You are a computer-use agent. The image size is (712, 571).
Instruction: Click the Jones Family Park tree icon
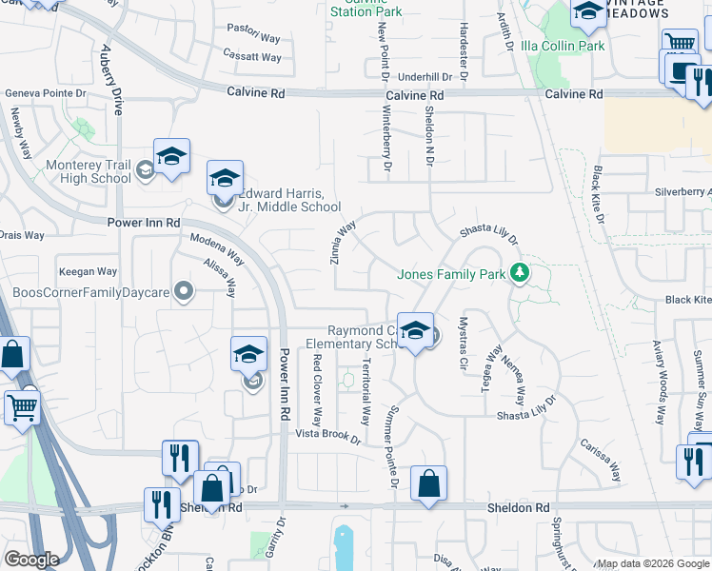520,274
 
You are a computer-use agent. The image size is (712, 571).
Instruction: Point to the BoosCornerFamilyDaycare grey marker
184,292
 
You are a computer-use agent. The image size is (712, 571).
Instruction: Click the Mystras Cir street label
464,344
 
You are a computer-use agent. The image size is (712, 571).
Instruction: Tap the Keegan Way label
88,272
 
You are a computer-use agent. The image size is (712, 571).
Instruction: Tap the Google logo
31,560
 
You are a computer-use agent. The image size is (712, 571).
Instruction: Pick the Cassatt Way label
252,58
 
